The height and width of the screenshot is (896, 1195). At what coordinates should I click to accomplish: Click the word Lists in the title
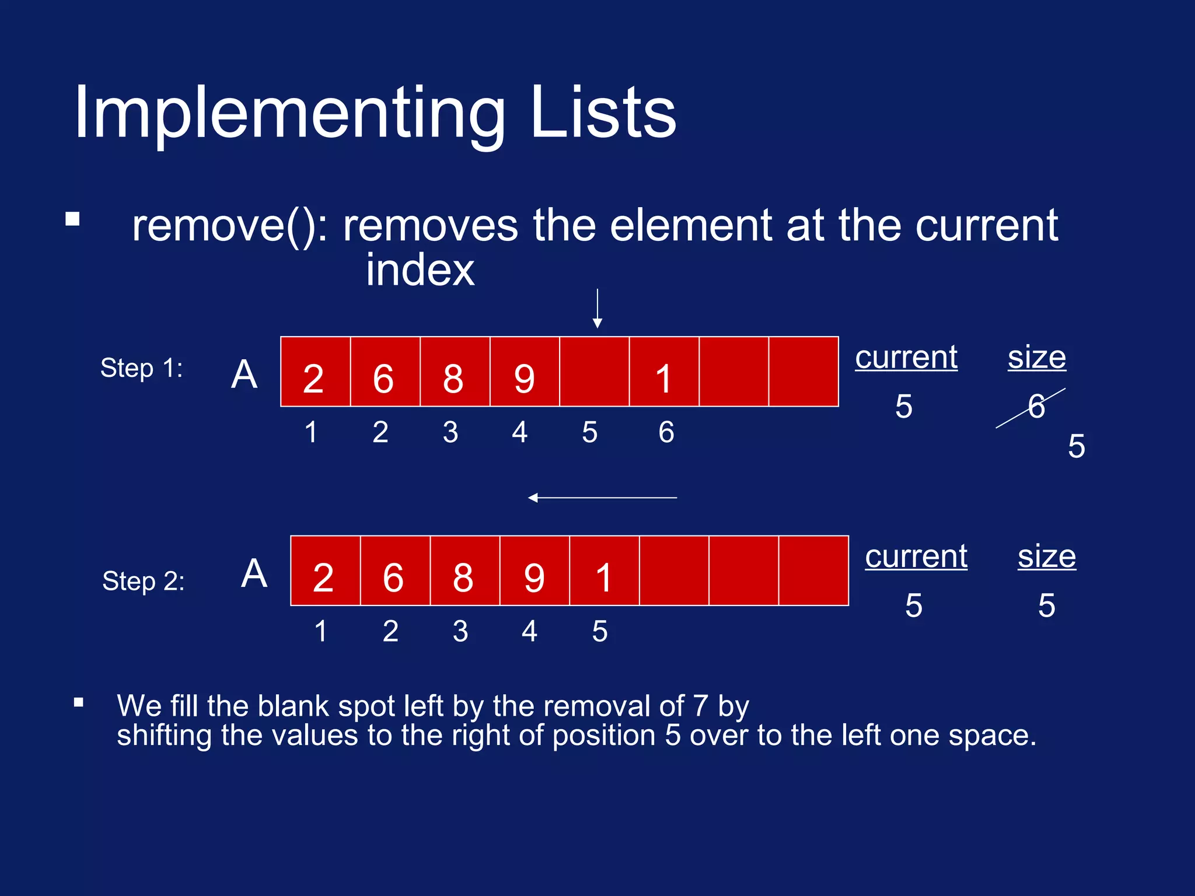(x=604, y=113)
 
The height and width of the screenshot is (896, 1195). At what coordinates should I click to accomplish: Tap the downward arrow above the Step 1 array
(x=597, y=309)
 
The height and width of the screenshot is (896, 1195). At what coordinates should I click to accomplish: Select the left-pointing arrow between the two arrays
(x=602, y=498)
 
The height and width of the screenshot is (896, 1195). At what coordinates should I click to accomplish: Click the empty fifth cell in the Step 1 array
(x=594, y=372)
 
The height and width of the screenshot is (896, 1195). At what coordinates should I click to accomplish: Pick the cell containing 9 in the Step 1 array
(x=525, y=372)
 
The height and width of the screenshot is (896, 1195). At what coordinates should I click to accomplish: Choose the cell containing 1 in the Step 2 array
(x=604, y=571)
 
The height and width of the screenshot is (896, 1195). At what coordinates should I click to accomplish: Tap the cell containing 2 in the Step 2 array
(x=325, y=571)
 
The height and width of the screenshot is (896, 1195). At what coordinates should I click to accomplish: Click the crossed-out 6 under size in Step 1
(x=1036, y=407)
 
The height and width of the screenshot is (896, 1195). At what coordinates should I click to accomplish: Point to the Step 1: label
(x=142, y=369)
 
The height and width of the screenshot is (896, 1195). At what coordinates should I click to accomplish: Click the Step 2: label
(x=144, y=582)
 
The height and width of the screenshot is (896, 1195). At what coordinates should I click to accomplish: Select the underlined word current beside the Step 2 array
(x=916, y=556)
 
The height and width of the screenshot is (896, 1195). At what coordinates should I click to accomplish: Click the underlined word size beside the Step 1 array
(x=1037, y=357)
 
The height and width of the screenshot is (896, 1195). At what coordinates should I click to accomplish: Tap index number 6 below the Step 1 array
(x=666, y=432)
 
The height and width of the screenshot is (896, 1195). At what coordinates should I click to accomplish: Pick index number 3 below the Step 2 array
(x=460, y=631)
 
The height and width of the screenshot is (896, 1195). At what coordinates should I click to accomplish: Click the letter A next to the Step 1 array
(x=244, y=374)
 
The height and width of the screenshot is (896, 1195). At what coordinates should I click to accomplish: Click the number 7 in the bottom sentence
(x=700, y=706)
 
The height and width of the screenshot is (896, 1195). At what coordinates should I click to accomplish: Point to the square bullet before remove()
(x=73, y=219)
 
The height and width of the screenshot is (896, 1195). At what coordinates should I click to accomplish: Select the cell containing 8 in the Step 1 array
(x=455, y=372)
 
